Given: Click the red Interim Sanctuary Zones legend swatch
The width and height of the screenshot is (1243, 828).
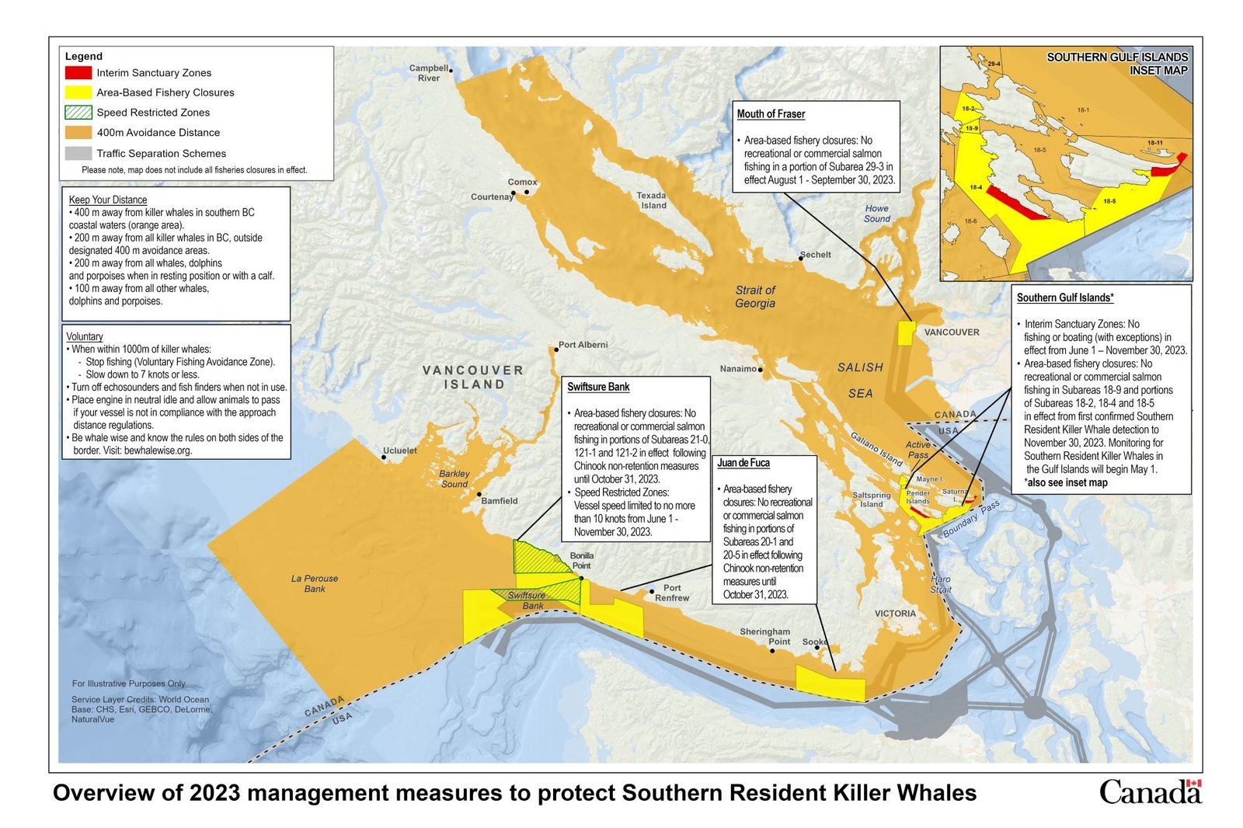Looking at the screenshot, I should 78,72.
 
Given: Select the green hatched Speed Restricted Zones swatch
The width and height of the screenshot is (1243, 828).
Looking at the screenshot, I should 78,112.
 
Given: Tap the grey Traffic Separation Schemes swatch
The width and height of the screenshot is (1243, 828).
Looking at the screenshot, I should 78,153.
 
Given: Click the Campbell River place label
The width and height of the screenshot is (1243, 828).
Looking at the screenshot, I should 429,73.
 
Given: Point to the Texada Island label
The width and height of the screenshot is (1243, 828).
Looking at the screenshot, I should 652,200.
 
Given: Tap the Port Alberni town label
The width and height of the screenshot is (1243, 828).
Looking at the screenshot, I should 583,345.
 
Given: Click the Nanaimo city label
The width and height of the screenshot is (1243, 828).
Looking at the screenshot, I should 737,369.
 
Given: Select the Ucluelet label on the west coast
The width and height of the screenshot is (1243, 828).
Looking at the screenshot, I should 400,451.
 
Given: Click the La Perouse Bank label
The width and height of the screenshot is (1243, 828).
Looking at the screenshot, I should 315,583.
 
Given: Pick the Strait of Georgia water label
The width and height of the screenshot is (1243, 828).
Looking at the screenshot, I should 755,296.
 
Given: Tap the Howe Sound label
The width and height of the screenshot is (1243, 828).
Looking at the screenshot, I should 877,214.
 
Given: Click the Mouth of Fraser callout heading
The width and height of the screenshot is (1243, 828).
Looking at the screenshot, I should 771,114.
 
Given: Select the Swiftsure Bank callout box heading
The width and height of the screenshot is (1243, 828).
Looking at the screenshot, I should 598,387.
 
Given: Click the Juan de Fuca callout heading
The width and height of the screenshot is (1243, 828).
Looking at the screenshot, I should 743,463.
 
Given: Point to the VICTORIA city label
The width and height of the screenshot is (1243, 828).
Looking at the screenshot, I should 895,614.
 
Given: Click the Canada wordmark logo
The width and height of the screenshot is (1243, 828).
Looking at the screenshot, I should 1150,792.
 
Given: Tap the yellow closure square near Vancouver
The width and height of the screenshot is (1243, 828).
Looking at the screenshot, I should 906,333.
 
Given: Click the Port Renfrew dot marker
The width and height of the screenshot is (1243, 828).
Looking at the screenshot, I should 651,591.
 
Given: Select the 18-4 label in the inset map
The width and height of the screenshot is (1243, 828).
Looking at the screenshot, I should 976,187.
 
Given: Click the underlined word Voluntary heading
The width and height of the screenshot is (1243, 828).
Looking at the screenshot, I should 85,336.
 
